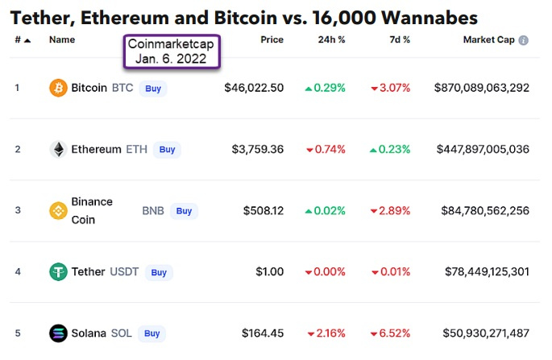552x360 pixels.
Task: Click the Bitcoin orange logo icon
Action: click(x=58, y=88)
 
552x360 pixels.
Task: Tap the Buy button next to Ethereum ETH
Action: click(x=167, y=149)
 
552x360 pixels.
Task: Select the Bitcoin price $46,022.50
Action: click(x=254, y=88)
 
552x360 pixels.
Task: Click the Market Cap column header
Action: click(x=489, y=39)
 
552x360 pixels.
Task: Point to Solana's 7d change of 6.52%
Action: click(x=390, y=333)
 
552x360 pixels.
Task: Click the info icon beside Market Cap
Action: click(x=524, y=40)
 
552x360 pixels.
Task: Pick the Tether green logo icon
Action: click(x=58, y=271)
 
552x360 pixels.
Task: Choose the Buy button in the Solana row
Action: click(x=151, y=333)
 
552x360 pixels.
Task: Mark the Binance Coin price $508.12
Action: click(x=263, y=210)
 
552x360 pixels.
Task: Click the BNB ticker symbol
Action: click(x=153, y=210)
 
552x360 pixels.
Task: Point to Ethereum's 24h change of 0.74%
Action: click(x=326, y=149)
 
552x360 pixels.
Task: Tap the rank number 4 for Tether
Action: click(x=18, y=271)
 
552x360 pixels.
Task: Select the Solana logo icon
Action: click(x=58, y=333)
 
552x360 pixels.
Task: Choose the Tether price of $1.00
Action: click(x=268, y=271)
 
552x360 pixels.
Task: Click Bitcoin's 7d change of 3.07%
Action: click(x=390, y=88)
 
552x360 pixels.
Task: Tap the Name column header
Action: click(x=62, y=39)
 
